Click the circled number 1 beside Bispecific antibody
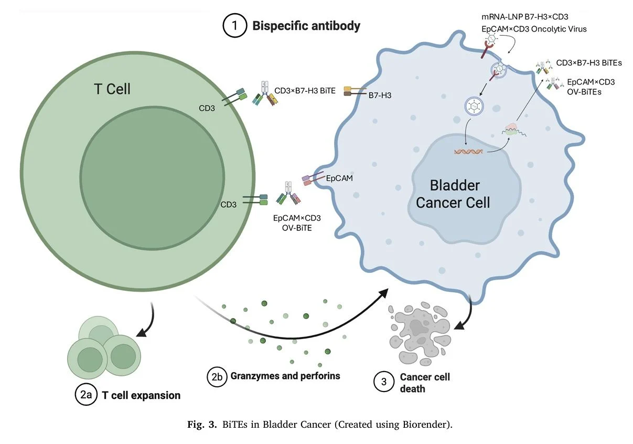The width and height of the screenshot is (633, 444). tap(235, 26)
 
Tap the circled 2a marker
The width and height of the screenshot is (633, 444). tap(86, 395)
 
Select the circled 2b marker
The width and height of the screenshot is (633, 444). tap(217, 376)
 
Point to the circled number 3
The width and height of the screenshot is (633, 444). tap(383, 383)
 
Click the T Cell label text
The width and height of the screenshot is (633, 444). tap(112, 89)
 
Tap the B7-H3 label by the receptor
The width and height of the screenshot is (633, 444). tap(379, 96)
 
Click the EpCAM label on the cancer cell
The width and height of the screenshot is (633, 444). tap(339, 178)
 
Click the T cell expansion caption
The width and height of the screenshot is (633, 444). tap(141, 395)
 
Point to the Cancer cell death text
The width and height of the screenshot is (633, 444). tap(424, 383)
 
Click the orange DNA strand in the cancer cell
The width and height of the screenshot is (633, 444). tap(468, 152)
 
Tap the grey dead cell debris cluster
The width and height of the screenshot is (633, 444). tap(417, 334)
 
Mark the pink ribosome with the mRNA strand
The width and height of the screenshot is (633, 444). tap(512, 129)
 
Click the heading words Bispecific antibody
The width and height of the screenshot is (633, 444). tap(306, 26)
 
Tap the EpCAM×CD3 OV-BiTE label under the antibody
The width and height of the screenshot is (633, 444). tap(297, 223)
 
